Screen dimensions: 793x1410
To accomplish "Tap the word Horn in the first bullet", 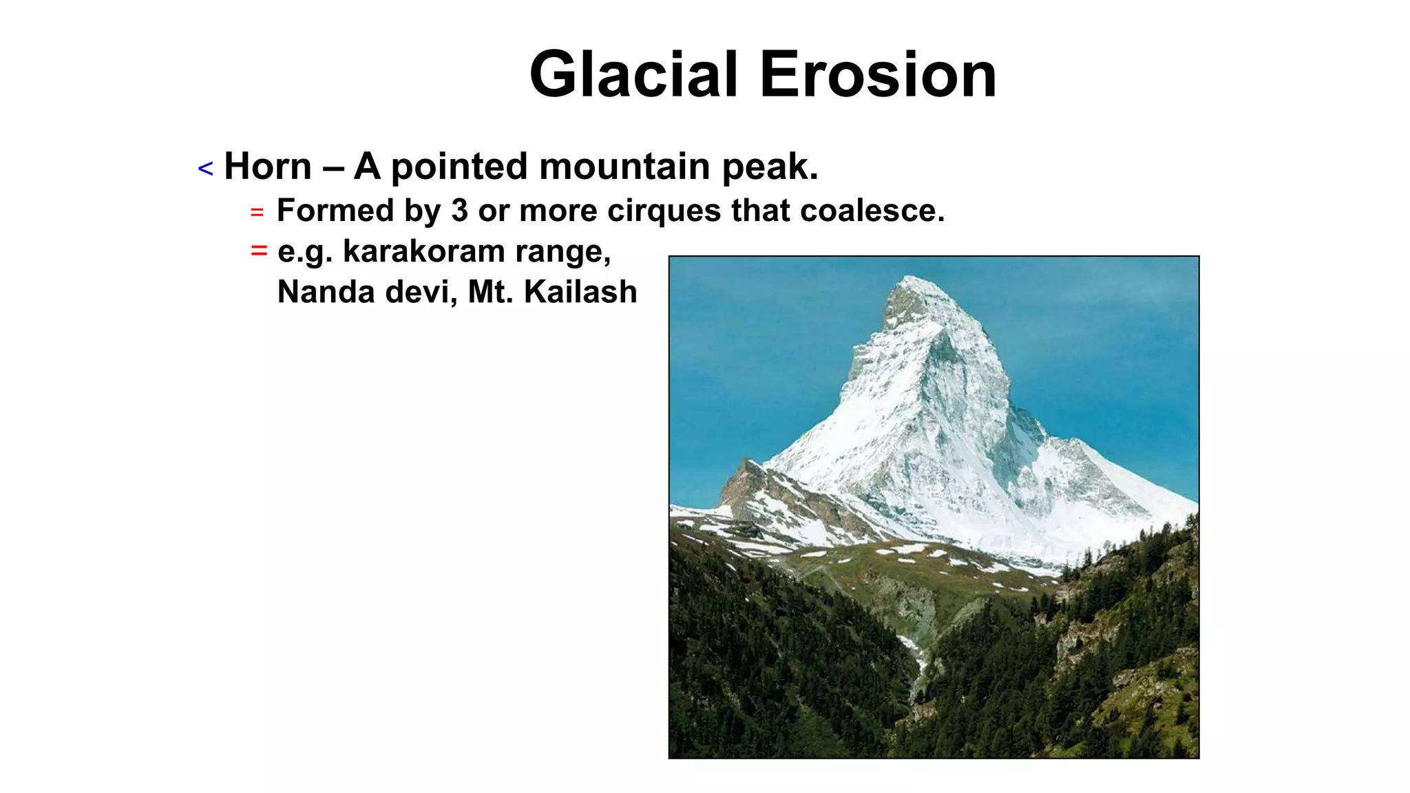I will [x=268, y=167].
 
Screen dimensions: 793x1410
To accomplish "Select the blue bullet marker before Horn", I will [x=205, y=169].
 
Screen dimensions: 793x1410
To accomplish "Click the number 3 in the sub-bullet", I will [x=460, y=211].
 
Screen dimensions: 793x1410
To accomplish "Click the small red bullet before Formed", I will [x=257, y=213].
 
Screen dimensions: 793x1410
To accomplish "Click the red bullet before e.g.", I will [x=259, y=251].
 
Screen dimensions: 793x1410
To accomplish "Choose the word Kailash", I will [x=580, y=292].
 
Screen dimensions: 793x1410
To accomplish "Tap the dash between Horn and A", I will [x=333, y=167].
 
